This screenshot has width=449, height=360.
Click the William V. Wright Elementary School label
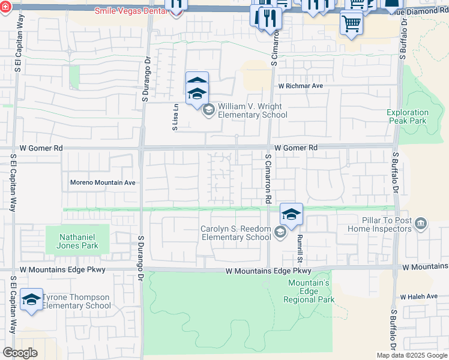pos(252,110)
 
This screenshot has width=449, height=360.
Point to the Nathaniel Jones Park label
pos(77,241)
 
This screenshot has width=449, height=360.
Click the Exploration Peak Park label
pos(408,116)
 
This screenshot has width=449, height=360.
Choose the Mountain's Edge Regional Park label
pos(310,291)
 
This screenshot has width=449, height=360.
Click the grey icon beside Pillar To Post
pos(421,224)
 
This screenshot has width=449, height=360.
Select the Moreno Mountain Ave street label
pos(103,182)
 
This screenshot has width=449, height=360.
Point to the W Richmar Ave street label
pos(300,86)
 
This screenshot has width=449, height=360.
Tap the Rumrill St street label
pos(298,247)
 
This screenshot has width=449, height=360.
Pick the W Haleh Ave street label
pos(420,297)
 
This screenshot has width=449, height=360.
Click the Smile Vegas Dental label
pos(130,11)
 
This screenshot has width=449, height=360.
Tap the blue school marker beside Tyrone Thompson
pos(31,299)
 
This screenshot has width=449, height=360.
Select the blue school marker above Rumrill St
pos(291,214)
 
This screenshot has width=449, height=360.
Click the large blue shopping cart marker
pos(351,23)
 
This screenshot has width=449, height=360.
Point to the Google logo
pos(20,353)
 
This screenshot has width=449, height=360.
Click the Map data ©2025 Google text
pos(412,355)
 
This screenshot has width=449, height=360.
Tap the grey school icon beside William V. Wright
pos(209,109)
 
